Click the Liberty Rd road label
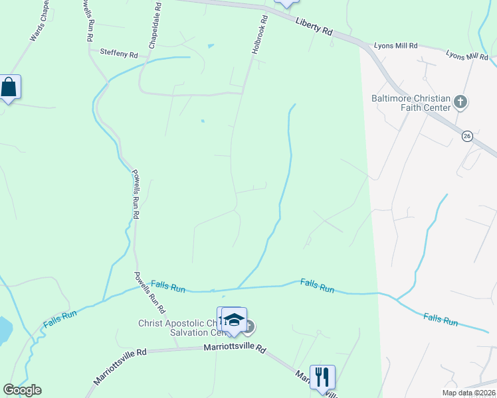pos(314,28)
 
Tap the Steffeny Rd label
pos(118,52)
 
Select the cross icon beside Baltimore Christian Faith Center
pos(460,102)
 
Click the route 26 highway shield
pos(466,136)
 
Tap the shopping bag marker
pos(9,88)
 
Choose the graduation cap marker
pos(233,320)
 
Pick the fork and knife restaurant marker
pos(322,377)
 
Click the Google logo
pos(22,390)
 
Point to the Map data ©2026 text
pos(467,393)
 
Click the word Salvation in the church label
pos(189,333)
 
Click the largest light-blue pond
pos(3,328)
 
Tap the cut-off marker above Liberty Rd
pos(286,3)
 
